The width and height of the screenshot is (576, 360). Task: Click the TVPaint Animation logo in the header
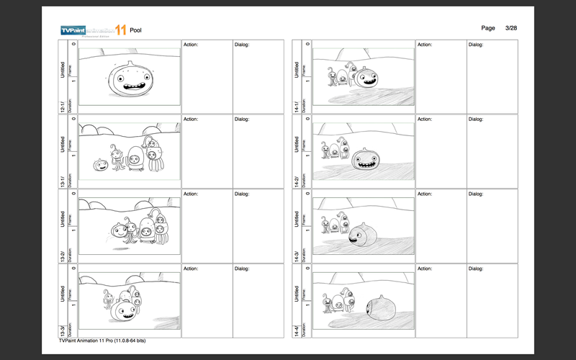(x=93, y=29)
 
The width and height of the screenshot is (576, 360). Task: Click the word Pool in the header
(x=135, y=30)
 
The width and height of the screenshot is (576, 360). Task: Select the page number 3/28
(x=511, y=27)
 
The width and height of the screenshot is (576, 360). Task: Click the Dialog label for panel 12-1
(x=242, y=45)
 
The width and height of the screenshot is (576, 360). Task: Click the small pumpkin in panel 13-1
(x=101, y=165)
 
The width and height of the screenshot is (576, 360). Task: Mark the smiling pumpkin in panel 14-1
(x=368, y=76)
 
